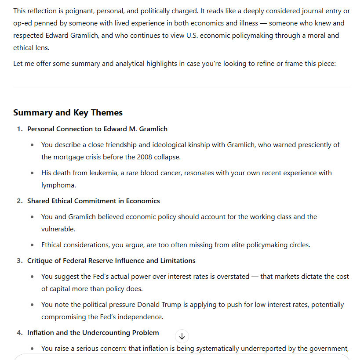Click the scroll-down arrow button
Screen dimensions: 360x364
pos(182,336)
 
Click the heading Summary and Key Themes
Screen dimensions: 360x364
pos(68,113)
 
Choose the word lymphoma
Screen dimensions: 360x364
pos(59,185)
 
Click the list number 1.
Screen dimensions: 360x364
pos(19,129)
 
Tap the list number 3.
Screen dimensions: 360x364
pos(19,261)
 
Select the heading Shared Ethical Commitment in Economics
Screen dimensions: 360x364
pos(94,201)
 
